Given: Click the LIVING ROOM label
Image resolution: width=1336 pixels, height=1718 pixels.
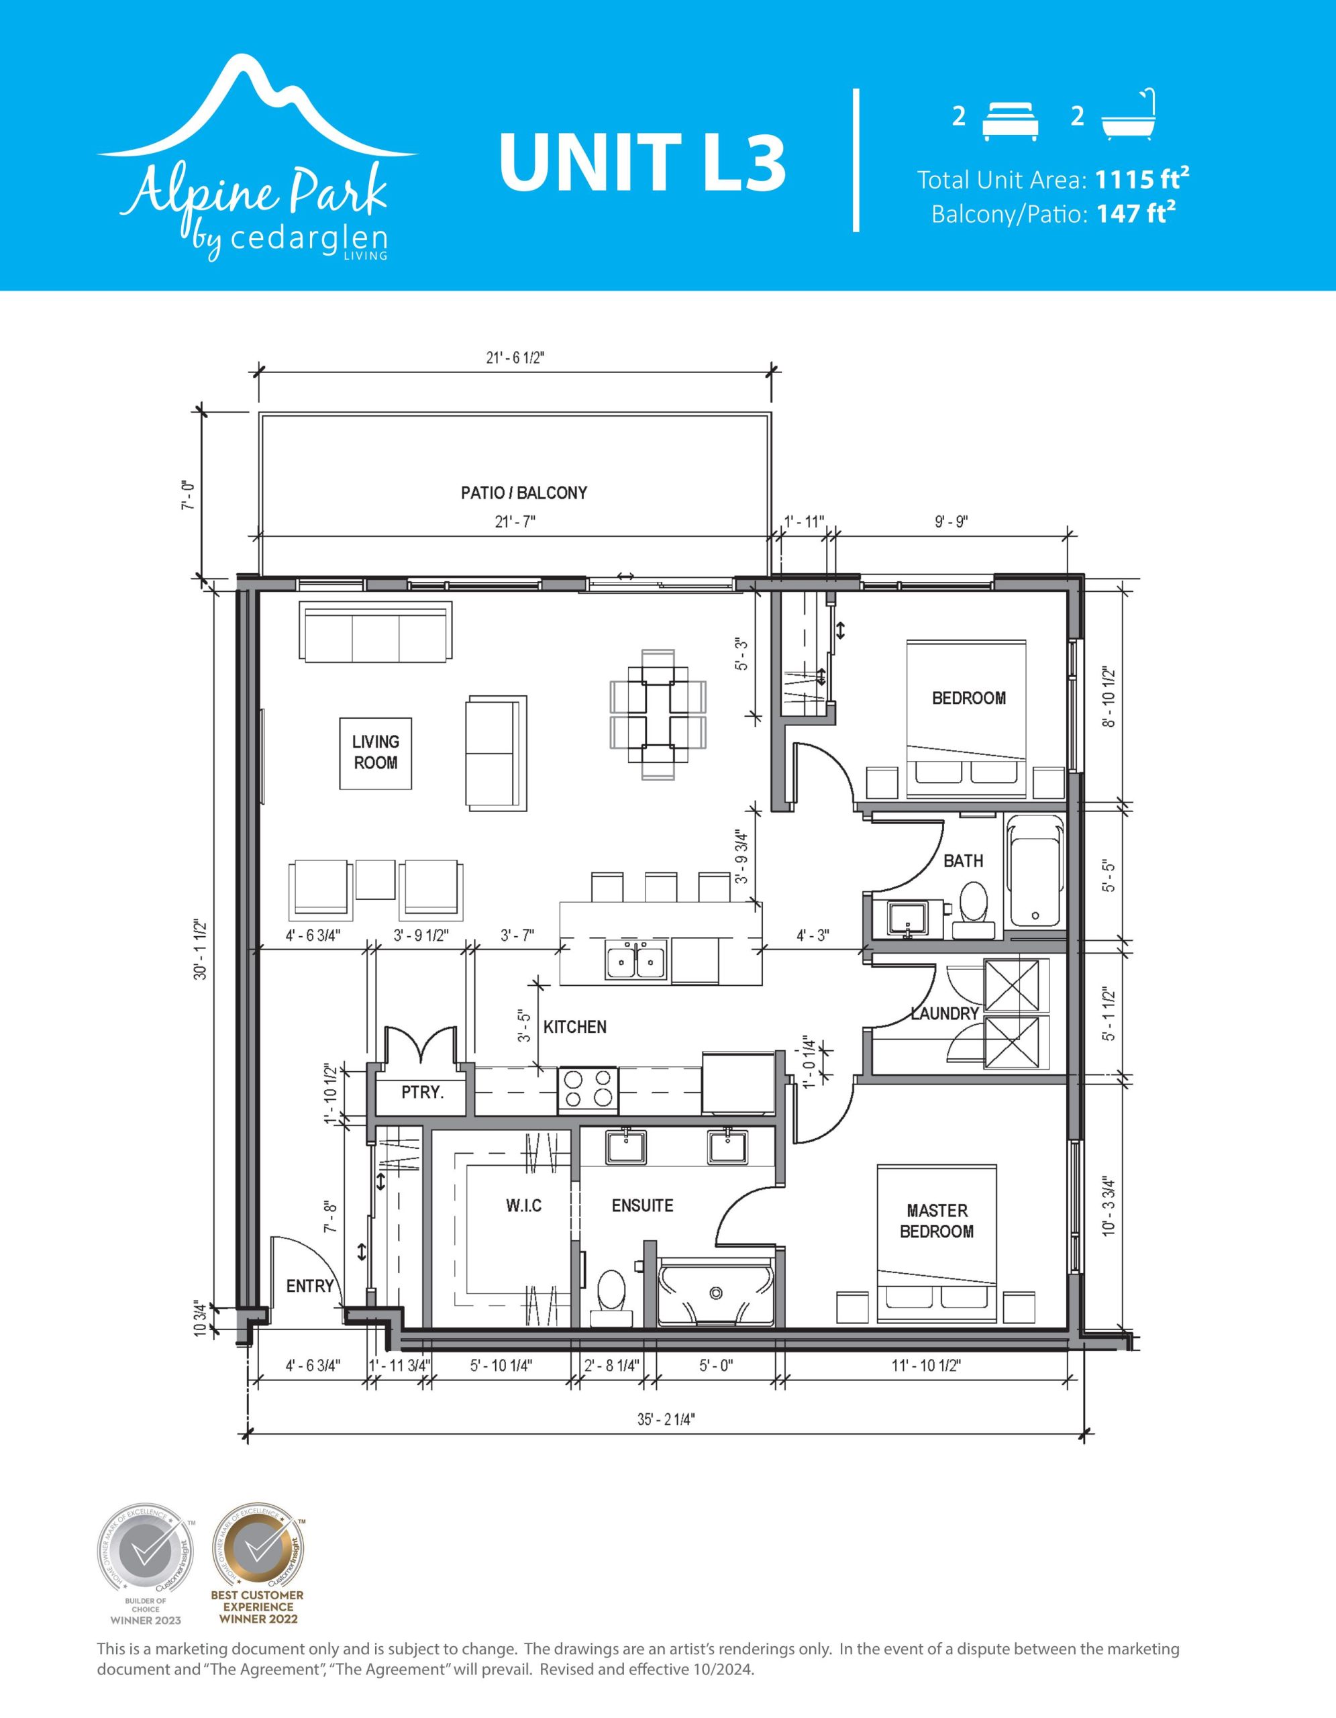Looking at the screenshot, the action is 375,752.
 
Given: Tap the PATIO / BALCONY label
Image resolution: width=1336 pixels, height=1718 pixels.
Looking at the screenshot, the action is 523,493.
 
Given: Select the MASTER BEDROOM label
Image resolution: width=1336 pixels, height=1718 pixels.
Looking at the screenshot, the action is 937,1221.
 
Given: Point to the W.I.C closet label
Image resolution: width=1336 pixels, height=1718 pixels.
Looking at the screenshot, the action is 523,1206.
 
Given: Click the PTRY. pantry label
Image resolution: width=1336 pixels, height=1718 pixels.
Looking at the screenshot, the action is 422,1093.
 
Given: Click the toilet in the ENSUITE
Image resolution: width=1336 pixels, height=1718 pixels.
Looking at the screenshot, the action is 611,1293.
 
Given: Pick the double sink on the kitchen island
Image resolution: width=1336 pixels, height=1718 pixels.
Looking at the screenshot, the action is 636,959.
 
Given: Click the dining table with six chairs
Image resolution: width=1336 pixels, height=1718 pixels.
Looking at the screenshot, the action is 658,714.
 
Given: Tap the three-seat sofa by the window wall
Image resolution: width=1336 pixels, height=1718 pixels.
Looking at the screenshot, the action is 376,631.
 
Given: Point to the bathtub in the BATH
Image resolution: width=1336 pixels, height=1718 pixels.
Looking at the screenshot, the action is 1034,872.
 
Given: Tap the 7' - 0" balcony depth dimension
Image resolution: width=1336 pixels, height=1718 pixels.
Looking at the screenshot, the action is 187,495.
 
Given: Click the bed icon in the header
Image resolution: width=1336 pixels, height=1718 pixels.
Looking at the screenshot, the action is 1011,121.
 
